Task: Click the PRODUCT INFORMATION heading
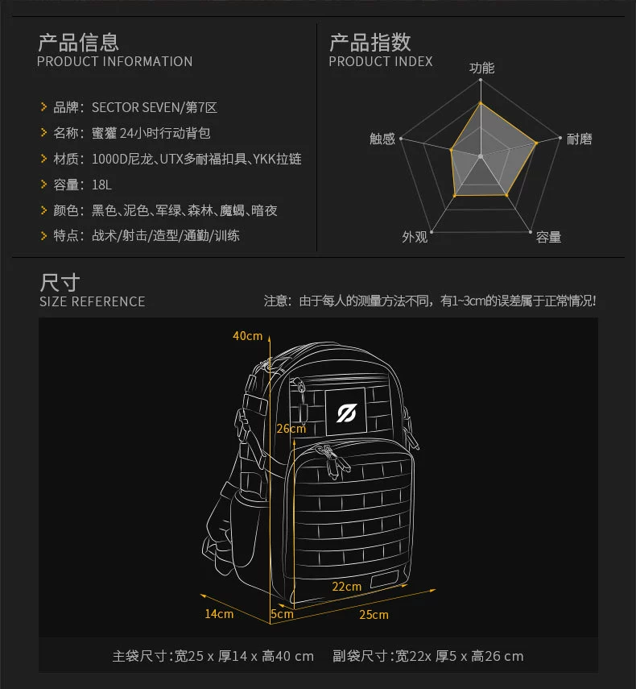114,61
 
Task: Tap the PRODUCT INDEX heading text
381,61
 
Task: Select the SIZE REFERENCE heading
92,301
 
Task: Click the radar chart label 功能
481,68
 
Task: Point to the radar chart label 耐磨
580,139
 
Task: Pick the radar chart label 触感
382,139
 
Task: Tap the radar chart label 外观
415,237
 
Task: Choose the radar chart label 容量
549,237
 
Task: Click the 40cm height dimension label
247,336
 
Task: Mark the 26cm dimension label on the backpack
291,429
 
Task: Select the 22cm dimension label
346,587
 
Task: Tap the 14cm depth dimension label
219,614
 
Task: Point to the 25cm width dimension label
374,615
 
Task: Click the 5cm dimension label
282,614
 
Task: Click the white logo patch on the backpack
346,412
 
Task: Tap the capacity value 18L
101,185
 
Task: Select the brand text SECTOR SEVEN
135,108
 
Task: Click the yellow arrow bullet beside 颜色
44,210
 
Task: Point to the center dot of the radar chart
481,156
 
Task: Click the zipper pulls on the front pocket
332,460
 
